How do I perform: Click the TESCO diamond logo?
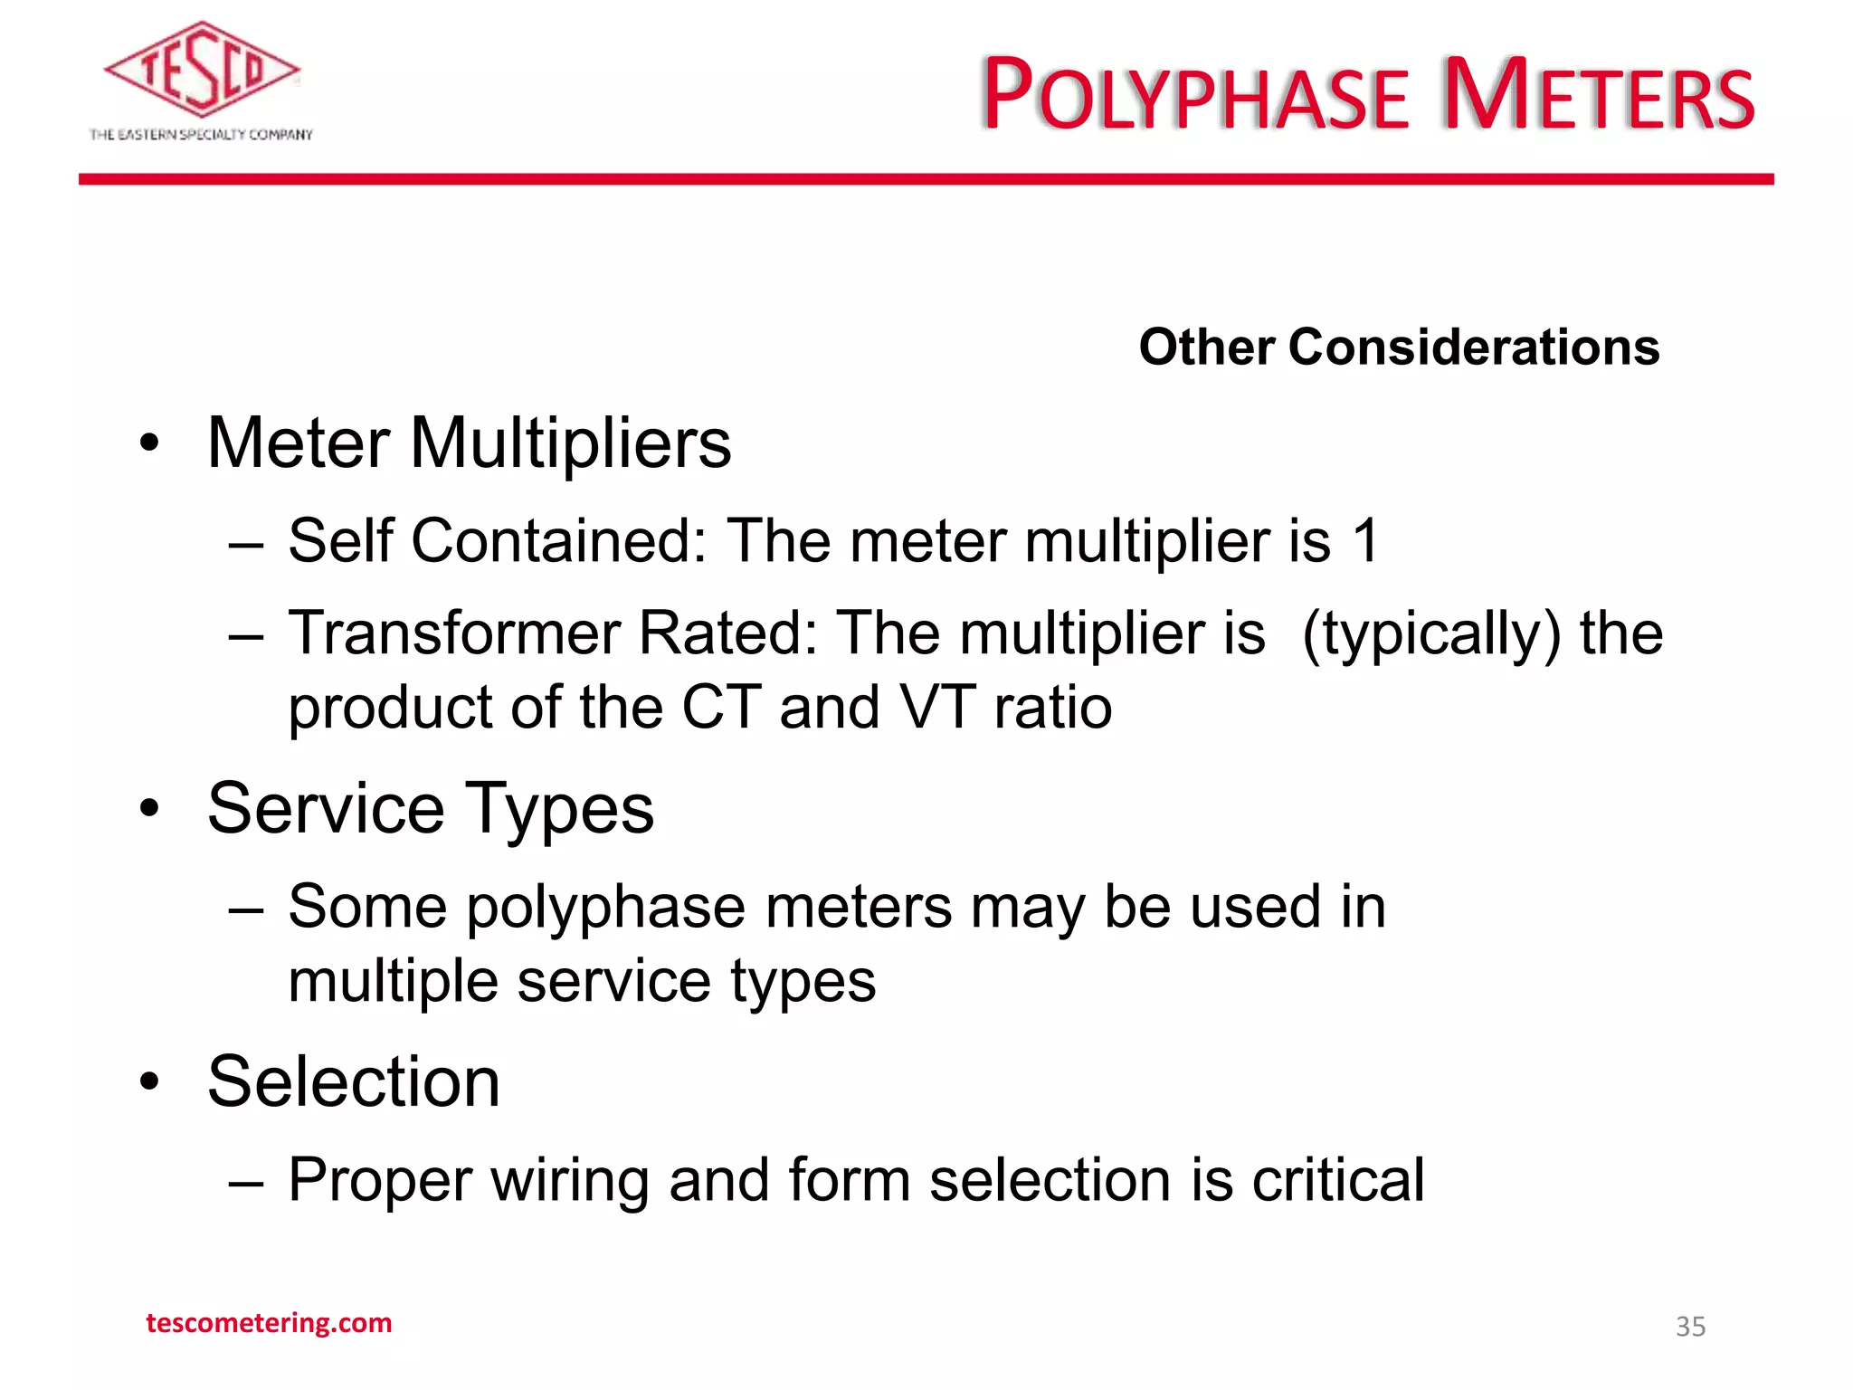(x=201, y=70)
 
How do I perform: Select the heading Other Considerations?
(x=1399, y=347)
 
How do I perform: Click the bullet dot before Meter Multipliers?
(x=149, y=444)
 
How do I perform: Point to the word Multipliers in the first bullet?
(x=570, y=443)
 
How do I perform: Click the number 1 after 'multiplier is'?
(x=1365, y=541)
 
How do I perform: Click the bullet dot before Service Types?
(x=149, y=808)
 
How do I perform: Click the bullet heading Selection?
(x=353, y=1082)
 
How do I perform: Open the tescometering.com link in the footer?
(x=269, y=1323)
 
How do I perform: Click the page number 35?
(x=1690, y=1327)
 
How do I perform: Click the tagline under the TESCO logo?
(x=201, y=135)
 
